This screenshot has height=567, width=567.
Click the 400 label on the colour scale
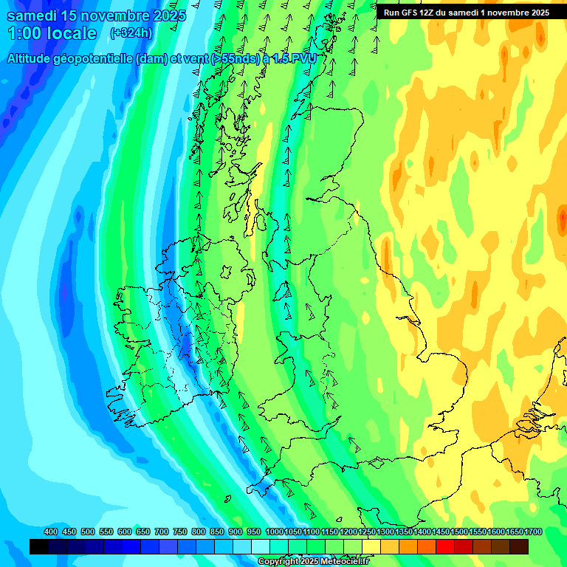coord(51,532)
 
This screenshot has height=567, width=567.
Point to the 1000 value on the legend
coord(275,532)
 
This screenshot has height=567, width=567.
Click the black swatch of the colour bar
coord(39,546)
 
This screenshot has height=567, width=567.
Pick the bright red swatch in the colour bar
coord(445,546)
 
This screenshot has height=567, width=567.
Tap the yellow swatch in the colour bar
coord(371,546)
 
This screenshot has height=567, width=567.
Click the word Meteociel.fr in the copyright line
coord(340,562)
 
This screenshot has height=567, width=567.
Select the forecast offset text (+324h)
coord(131,33)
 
